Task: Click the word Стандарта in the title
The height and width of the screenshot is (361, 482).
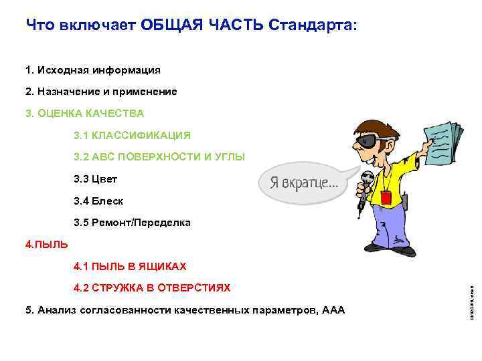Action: [313, 25]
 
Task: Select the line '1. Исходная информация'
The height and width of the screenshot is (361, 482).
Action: [93, 70]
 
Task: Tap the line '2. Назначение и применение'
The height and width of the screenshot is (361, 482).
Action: [101, 92]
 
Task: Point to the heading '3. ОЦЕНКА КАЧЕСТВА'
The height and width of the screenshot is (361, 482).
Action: [84, 113]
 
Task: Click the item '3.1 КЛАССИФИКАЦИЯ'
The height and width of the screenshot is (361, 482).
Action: [132, 135]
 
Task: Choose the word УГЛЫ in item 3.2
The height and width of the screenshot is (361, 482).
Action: [230, 157]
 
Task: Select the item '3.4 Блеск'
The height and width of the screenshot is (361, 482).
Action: [98, 201]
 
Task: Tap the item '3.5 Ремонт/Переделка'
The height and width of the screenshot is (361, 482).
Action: [132, 223]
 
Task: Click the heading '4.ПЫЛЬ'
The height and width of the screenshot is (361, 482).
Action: [46, 244]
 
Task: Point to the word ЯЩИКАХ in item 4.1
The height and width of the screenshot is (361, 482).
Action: [161, 266]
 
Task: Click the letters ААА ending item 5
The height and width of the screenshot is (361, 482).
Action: [333, 310]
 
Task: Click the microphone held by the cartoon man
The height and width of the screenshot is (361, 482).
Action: [366, 182]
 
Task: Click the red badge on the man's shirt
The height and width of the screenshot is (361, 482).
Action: [386, 197]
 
